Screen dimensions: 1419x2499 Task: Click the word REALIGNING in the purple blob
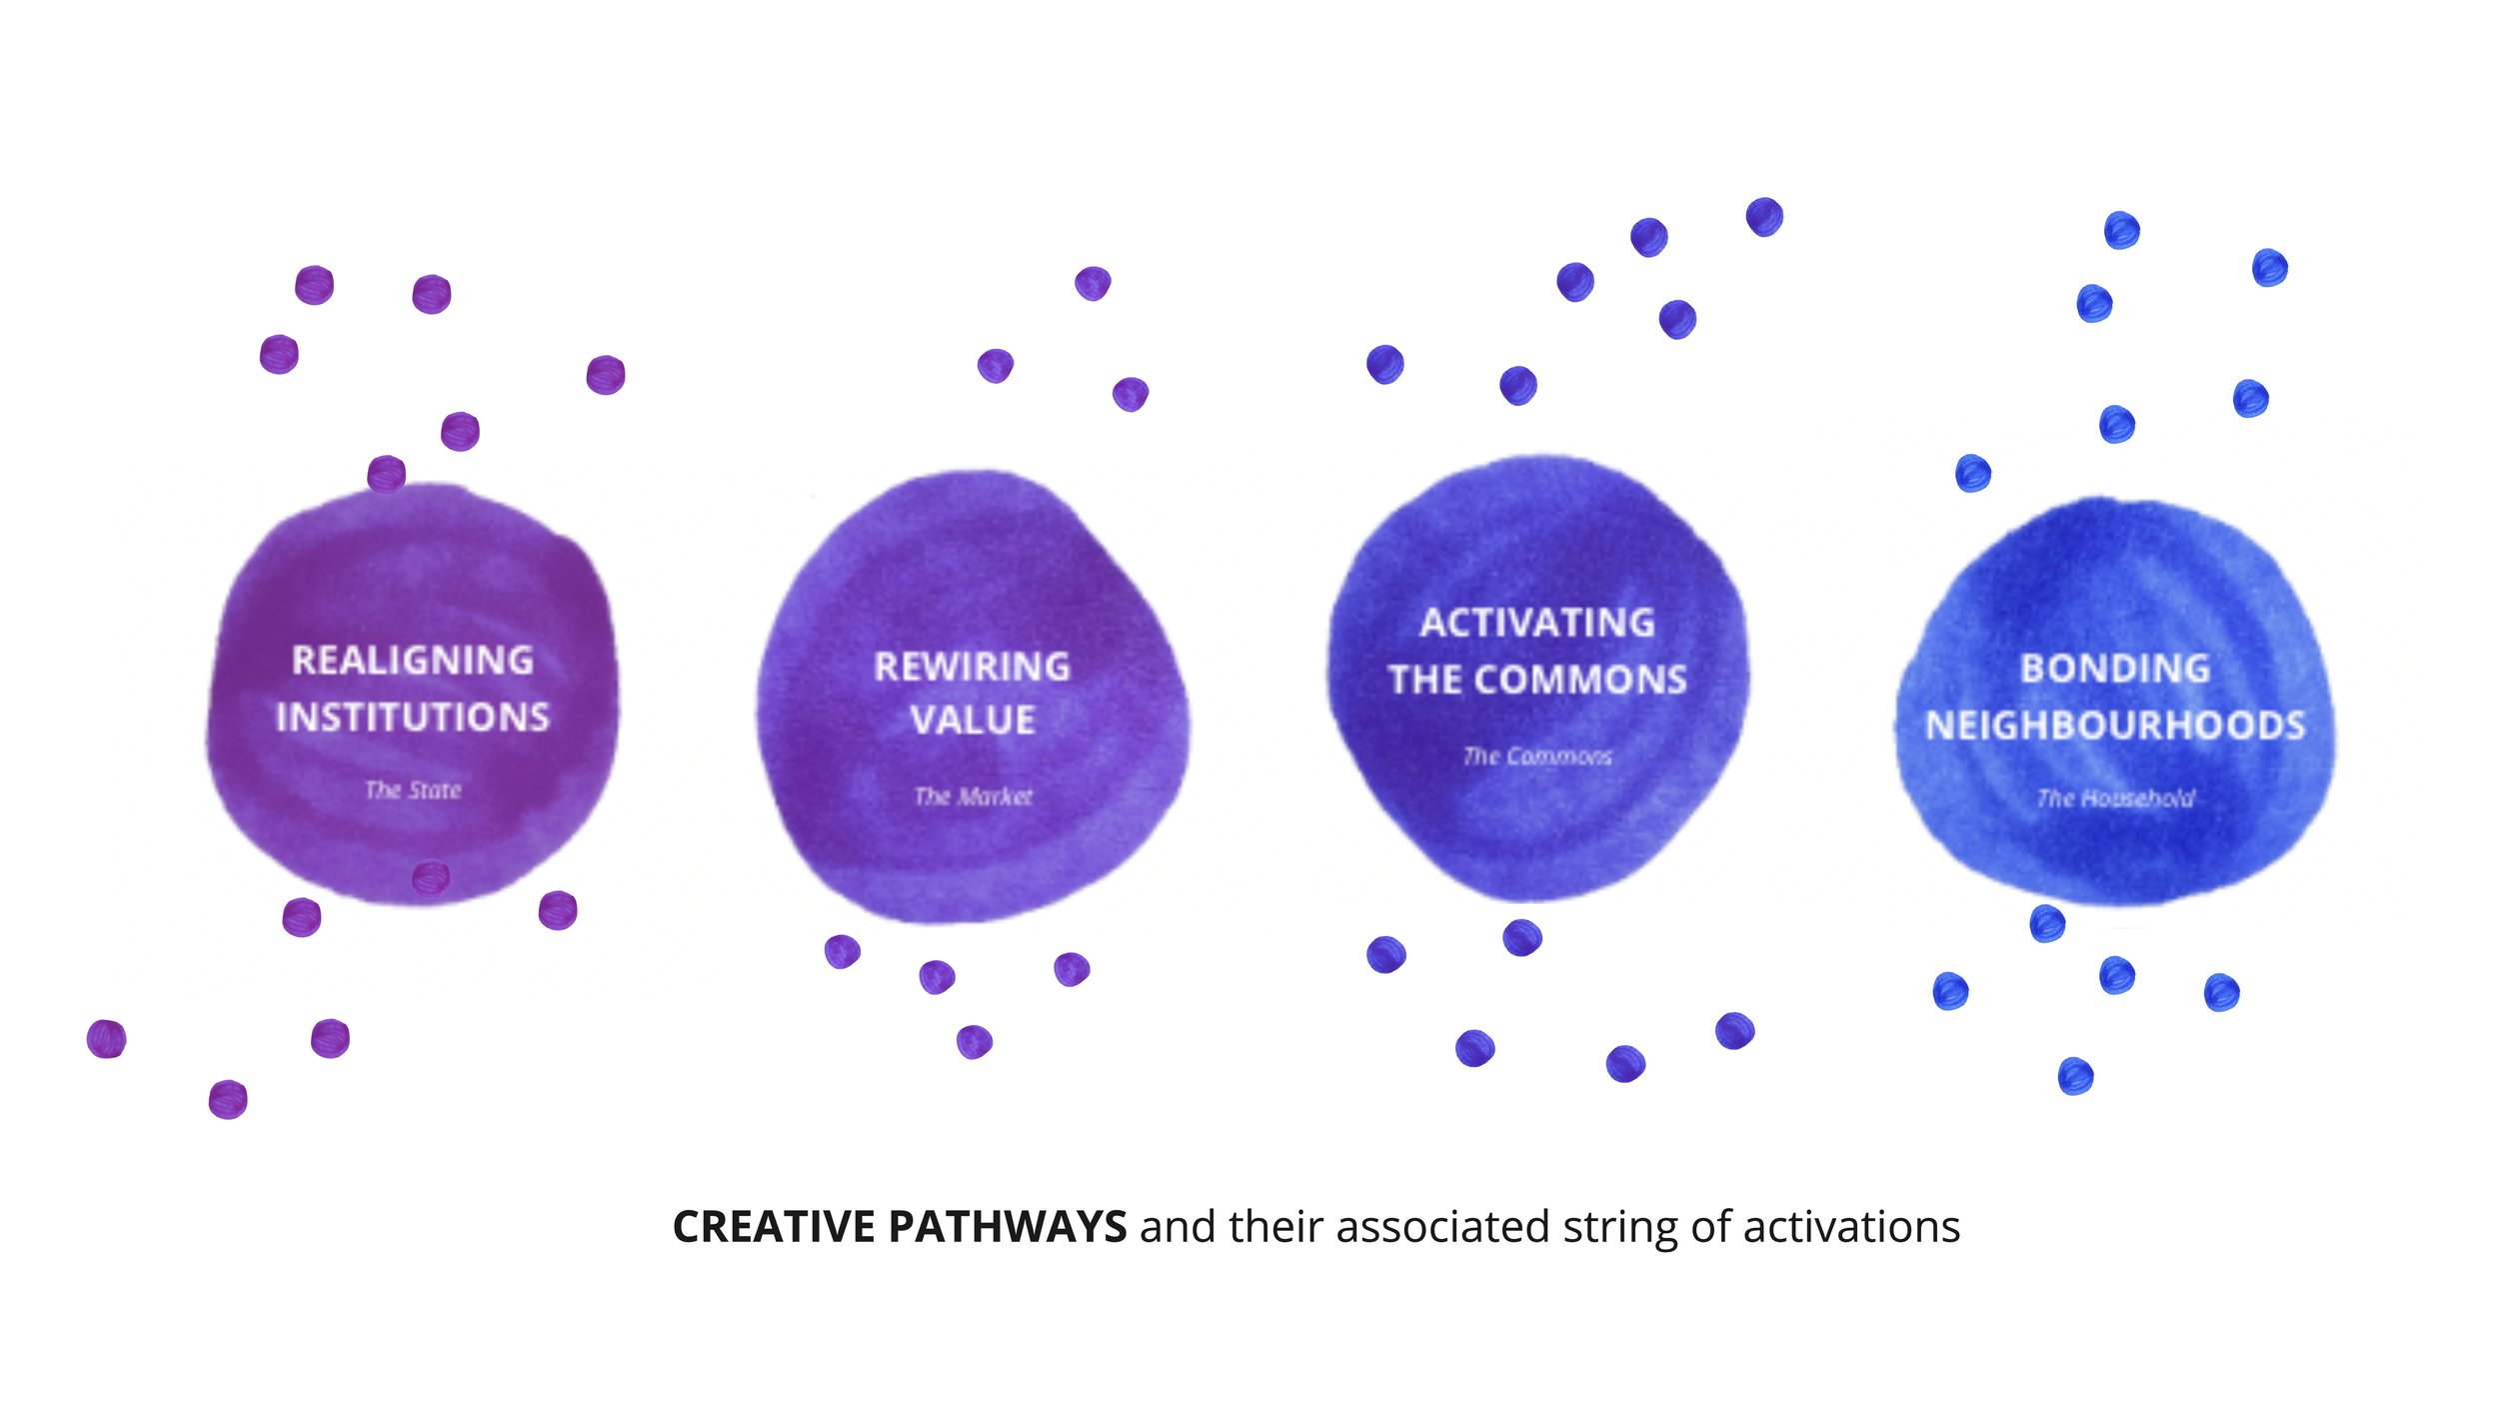pyautogui.click(x=413, y=660)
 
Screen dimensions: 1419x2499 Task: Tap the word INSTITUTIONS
pyautogui.click(x=413, y=717)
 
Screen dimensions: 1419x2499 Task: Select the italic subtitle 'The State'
pyautogui.click(x=413, y=790)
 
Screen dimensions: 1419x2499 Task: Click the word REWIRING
pyautogui.click(x=972, y=667)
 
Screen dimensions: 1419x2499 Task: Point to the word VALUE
pyautogui.click(x=972, y=720)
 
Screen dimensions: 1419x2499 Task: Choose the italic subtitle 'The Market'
pyautogui.click(x=973, y=796)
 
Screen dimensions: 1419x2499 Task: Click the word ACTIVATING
pyautogui.click(x=1537, y=623)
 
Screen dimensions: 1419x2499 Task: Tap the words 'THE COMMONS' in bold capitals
pyautogui.click(x=1537, y=680)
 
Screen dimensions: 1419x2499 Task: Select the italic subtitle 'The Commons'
pyautogui.click(x=1537, y=756)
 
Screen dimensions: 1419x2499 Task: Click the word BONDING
pyautogui.click(x=2115, y=668)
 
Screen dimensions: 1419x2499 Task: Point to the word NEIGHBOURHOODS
pyautogui.click(x=2115, y=725)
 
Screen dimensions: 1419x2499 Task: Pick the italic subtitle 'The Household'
pyautogui.click(x=2115, y=798)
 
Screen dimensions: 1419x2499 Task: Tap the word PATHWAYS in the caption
pyautogui.click(x=1008, y=1227)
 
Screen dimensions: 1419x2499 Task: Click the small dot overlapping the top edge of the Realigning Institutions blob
pyautogui.click(x=386, y=474)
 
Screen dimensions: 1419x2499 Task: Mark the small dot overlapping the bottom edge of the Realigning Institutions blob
pyautogui.click(x=431, y=878)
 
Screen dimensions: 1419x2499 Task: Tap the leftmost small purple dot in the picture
pyautogui.click(x=106, y=1039)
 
